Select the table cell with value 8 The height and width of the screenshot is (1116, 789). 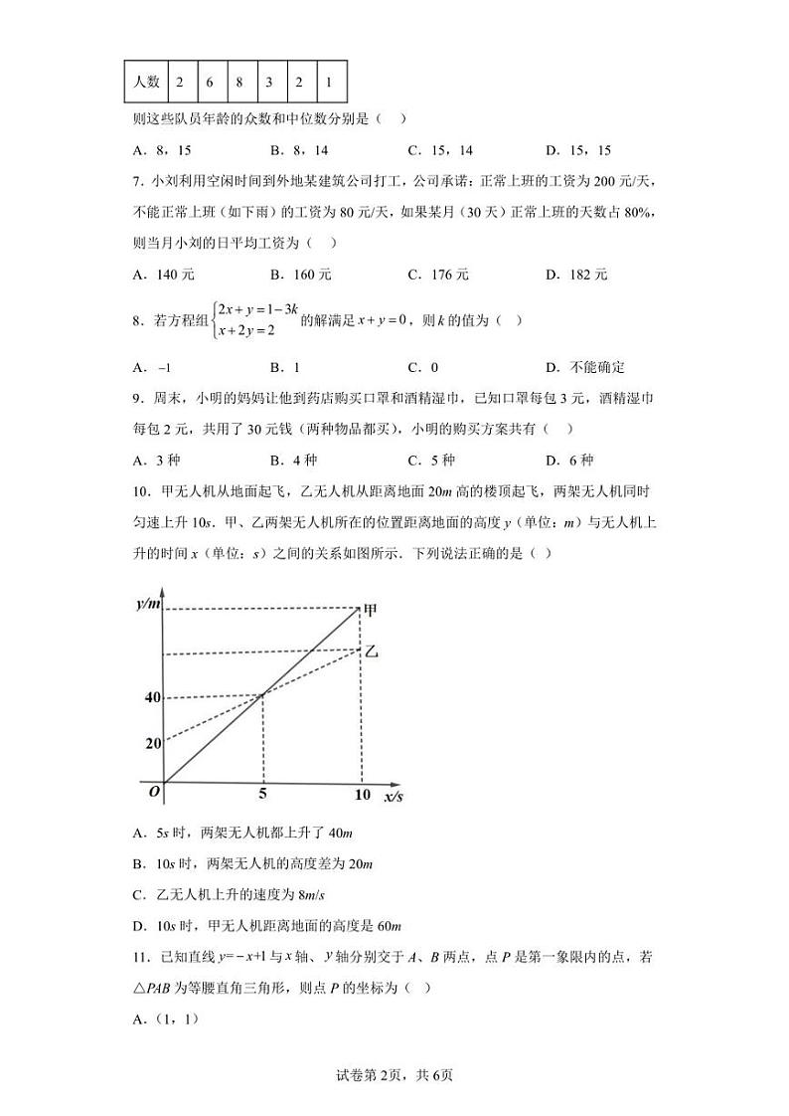tap(239, 82)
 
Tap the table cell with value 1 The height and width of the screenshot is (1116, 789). tap(329, 82)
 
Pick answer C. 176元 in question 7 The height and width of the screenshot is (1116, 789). tap(438, 275)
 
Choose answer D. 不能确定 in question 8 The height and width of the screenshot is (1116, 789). tap(585, 367)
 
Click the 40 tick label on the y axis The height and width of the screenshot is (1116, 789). tap(152, 697)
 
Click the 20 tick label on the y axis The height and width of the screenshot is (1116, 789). tap(152, 743)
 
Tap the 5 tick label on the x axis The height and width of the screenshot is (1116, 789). tap(262, 796)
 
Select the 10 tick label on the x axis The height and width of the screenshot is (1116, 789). tap(363, 796)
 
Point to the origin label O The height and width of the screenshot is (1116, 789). tap(154, 793)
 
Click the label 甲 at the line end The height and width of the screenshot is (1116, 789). tap(372, 611)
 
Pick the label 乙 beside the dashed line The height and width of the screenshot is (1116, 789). tap(372, 651)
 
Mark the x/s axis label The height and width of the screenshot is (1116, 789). tap(394, 797)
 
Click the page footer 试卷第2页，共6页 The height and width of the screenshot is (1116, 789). tap(394, 1074)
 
